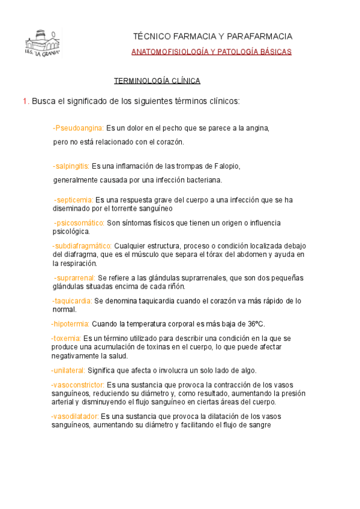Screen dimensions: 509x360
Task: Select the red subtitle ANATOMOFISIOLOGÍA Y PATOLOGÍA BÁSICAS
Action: [x=211, y=52]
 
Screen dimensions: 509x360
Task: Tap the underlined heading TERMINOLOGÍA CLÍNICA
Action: [x=157, y=80]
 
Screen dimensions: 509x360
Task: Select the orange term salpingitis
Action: [x=71, y=166]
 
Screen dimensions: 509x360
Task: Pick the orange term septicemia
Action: [x=74, y=199]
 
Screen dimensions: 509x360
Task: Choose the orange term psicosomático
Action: [x=79, y=223]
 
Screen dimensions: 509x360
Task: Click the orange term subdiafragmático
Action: [x=82, y=245]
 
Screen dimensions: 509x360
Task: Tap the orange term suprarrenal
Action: [x=75, y=278]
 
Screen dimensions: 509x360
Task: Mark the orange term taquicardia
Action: [x=73, y=301]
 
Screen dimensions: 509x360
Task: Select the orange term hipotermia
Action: [x=71, y=324]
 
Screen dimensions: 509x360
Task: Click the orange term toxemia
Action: [x=66, y=339]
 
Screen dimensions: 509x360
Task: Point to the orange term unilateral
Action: [x=69, y=370]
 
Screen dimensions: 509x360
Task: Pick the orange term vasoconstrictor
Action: [x=78, y=385]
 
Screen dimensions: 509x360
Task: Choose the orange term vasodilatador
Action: [x=76, y=416]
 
